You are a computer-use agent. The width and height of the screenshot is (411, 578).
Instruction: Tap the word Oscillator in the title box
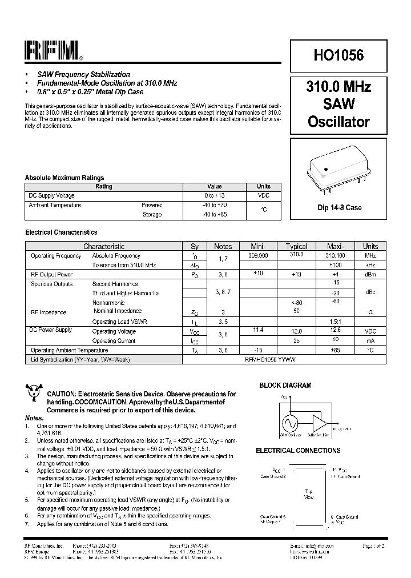(x=339, y=122)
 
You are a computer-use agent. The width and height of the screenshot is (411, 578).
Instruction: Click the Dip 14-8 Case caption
(x=339, y=208)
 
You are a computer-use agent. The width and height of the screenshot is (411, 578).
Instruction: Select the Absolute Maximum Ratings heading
(x=65, y=178)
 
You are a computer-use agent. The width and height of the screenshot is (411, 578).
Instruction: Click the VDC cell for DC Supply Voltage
(x=263, y=195)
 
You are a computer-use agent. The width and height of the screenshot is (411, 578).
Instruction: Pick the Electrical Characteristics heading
(x=61, y=232)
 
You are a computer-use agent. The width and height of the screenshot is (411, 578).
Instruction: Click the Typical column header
(x=296, y=246)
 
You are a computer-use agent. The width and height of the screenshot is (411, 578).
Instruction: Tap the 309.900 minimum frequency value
(x=259, y=256)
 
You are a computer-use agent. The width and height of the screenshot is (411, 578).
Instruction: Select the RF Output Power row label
(x=51, y=275)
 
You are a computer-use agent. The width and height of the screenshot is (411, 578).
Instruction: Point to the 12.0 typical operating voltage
(x=296, y=331)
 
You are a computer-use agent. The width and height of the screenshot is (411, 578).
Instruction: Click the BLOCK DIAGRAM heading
(x=285, y=386)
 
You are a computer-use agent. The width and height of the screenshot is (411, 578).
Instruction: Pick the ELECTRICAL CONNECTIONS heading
(x=298, y=451)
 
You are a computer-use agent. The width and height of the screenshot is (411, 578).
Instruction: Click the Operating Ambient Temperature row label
(x=69, y=350)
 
